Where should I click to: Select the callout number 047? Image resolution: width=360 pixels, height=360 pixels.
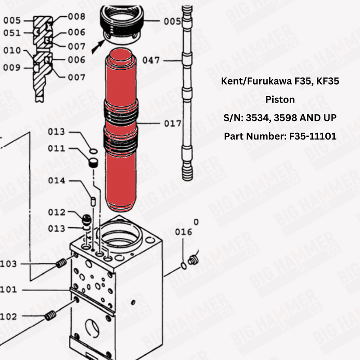point(151,60)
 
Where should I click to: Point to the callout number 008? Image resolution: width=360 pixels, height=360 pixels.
point(76,17)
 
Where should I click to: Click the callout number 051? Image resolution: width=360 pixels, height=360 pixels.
point(12,33)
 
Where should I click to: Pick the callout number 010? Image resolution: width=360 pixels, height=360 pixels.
point(12,50)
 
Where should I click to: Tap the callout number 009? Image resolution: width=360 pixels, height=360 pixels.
point(12,68)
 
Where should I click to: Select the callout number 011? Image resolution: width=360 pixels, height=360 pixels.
point(57,148)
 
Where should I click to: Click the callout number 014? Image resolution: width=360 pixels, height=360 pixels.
point(57,181)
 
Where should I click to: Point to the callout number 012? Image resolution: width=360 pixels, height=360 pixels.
point(57,212)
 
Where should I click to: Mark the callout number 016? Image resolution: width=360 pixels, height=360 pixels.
point(184,232)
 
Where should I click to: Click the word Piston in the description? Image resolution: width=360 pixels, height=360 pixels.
point(280,99)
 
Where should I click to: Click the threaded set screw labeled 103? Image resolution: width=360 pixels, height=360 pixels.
point(61,264)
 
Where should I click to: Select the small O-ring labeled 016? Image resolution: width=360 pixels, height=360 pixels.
point(184,265)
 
